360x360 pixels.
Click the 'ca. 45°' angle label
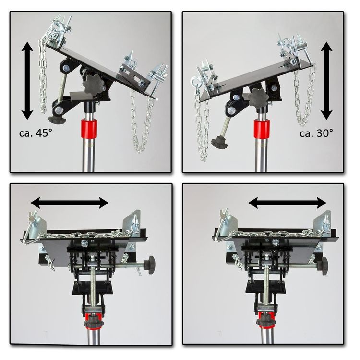pyautogui.click(x=36, y=133)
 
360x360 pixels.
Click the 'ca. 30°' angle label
pyautogui.click(x=316, y=133)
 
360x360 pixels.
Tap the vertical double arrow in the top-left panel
pyautogui.click(x=27, y=81)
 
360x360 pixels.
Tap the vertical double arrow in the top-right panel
pyautogui.click(x=326, y=81)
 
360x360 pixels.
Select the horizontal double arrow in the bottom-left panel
pyautogui.click(x=70, y=203)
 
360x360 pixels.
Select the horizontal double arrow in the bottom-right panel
pyautogui.click(x=288, y=203)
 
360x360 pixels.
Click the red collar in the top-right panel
pyautogui.click(x=262, y=129)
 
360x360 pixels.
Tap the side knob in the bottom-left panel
pyautogui.click(x=149, y=265)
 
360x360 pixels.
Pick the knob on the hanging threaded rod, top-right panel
pyautogui.click(x=219, y=142)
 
